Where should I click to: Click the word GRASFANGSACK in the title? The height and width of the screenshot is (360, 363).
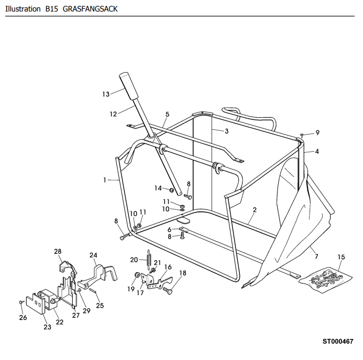tap(90, 9)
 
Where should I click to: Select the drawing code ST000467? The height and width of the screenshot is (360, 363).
tap(338, 341)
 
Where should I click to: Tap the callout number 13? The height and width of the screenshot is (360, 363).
tap(106, 94)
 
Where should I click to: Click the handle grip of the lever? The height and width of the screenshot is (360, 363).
tap(128, 86)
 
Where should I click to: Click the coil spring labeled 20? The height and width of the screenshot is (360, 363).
tap(149, 260)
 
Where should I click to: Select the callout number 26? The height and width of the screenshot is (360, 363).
tap(23, 318)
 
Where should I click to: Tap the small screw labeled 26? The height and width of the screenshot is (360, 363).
tap(21, 302)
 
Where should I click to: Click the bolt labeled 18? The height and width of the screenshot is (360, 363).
tap(168, 290)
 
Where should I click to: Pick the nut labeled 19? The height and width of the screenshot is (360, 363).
tap(137, 275)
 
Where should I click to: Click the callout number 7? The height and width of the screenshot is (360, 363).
tap(316, 256)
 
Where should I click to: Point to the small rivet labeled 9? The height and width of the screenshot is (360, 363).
tap(302, 134)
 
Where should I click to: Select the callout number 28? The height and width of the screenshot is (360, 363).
tap(58, 251)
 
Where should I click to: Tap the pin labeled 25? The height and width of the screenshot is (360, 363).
tap(93, 291)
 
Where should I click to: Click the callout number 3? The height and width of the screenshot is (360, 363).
tap(227, 131)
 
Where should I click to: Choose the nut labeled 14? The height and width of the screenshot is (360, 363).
tap(172, 190)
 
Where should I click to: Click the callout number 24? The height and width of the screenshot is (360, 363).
tap(93, 255)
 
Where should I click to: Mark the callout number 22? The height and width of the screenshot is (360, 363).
tap(60, 322)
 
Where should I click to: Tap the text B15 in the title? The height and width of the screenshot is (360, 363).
tap(52, 9)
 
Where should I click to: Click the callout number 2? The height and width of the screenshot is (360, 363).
tap(255, 210)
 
